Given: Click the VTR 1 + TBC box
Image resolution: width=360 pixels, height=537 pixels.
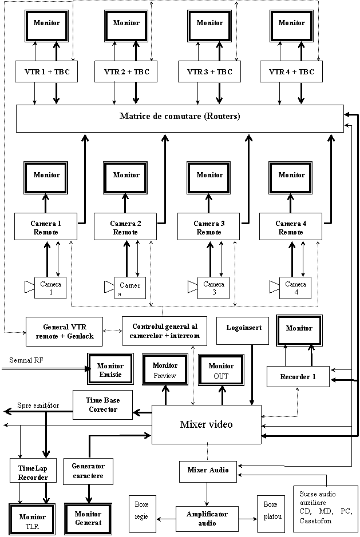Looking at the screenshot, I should pyautogui.click(x=46, y=72).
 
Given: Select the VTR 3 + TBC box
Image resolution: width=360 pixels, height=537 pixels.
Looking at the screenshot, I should pyautogui.click(x=209, y=72).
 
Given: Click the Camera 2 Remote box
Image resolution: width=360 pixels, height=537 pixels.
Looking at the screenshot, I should pyautogui.click(x=125, y=227).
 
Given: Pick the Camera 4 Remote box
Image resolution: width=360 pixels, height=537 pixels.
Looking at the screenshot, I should pyautogui.click(x=291, y=227).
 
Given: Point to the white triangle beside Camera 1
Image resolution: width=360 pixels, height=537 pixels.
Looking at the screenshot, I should pyautogui.click(x=30, y=287).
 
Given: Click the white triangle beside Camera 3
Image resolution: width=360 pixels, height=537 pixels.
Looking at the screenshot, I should pyautogui.click(x=193, y=286).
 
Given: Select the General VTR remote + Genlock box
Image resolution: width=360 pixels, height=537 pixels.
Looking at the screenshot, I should pyautogui.click(x=64, y=332).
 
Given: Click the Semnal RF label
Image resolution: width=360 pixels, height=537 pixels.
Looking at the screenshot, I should pyautogui.click(x=43, y=359).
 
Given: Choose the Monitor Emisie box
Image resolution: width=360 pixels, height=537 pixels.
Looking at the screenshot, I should pyautogui.click(x=110, y=369).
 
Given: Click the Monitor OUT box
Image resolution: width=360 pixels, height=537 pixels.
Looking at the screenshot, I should pyautogui.click(x=221, y=370).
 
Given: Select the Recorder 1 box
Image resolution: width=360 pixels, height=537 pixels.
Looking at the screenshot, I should pyautogui.click(x=298, y=376).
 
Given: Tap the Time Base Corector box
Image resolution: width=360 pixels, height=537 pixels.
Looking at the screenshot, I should pyautogui.click(x=103, y=405).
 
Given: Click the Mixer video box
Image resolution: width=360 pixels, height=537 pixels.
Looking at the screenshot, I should pyautogui.click(x=206, y=424).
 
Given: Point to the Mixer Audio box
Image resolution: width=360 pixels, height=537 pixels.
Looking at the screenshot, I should pyautogui.click(x=208, y=471).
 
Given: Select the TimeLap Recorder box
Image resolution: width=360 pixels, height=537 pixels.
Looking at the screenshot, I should pyautogui.click(x=33, y=472).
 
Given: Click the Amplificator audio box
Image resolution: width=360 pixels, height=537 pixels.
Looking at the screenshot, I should pyautogui.click(x=207, y=518).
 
